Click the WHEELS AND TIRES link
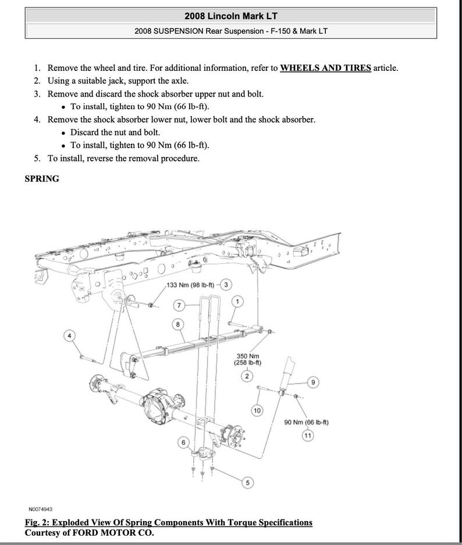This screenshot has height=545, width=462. tap(325, 67)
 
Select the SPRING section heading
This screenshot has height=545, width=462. tap(42, 179)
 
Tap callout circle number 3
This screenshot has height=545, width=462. tap(226, 284)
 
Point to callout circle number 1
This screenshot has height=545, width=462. tap(237, 301)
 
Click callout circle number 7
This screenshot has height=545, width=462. tap(180, 305)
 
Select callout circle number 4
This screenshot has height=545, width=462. tap(70, 336)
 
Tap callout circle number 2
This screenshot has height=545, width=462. tap(247, 377)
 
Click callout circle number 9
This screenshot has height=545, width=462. tap(313, 382)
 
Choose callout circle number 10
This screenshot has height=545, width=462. tap(257, 411)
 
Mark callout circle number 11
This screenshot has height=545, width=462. tap(307, 435)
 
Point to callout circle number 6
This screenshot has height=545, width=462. tap(183, 443)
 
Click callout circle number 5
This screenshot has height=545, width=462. tap(248, 482)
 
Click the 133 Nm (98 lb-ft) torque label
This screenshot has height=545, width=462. tap(190, 285)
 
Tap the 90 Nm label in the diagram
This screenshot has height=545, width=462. tap(307, 422)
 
